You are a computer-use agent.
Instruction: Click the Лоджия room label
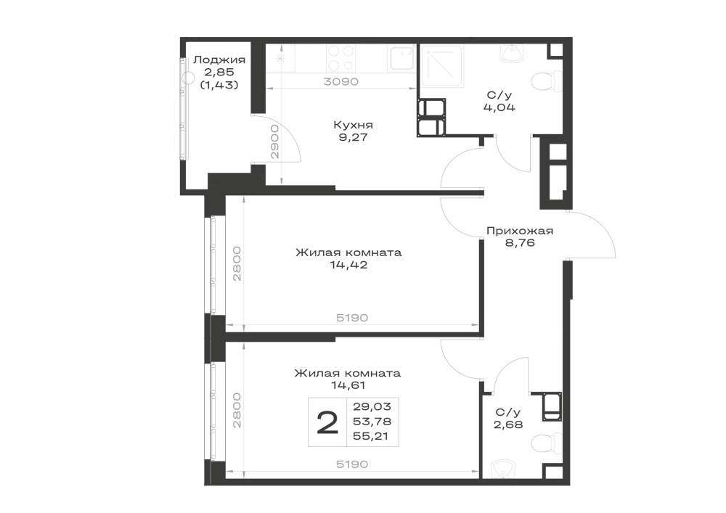[x=219, y=59]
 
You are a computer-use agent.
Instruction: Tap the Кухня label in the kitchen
[x=353, y=125]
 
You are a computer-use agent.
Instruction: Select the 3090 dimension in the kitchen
[x=341, y=82]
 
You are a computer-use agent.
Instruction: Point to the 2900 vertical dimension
[x=274, y=141]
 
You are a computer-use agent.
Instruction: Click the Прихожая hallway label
[x=520, y=230]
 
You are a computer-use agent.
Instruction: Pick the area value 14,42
[x=349, y=265]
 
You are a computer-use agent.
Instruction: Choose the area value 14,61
[x=348, y=385]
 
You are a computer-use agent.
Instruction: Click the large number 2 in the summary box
[x=328, y=423]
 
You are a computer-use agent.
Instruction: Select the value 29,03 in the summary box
[x=372, y=406]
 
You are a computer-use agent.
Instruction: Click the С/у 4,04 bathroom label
[x=499, y=102]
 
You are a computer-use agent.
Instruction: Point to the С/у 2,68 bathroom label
[x=508, y=418]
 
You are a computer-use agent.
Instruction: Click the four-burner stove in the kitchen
[x=341, y=59]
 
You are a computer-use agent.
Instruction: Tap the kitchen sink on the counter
[x=401, y=59]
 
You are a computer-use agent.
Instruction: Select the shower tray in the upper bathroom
[x=441, y=65]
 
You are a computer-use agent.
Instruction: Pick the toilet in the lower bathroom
[x=546, y=445]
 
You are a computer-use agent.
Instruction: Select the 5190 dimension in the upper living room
[x=352, y=318]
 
